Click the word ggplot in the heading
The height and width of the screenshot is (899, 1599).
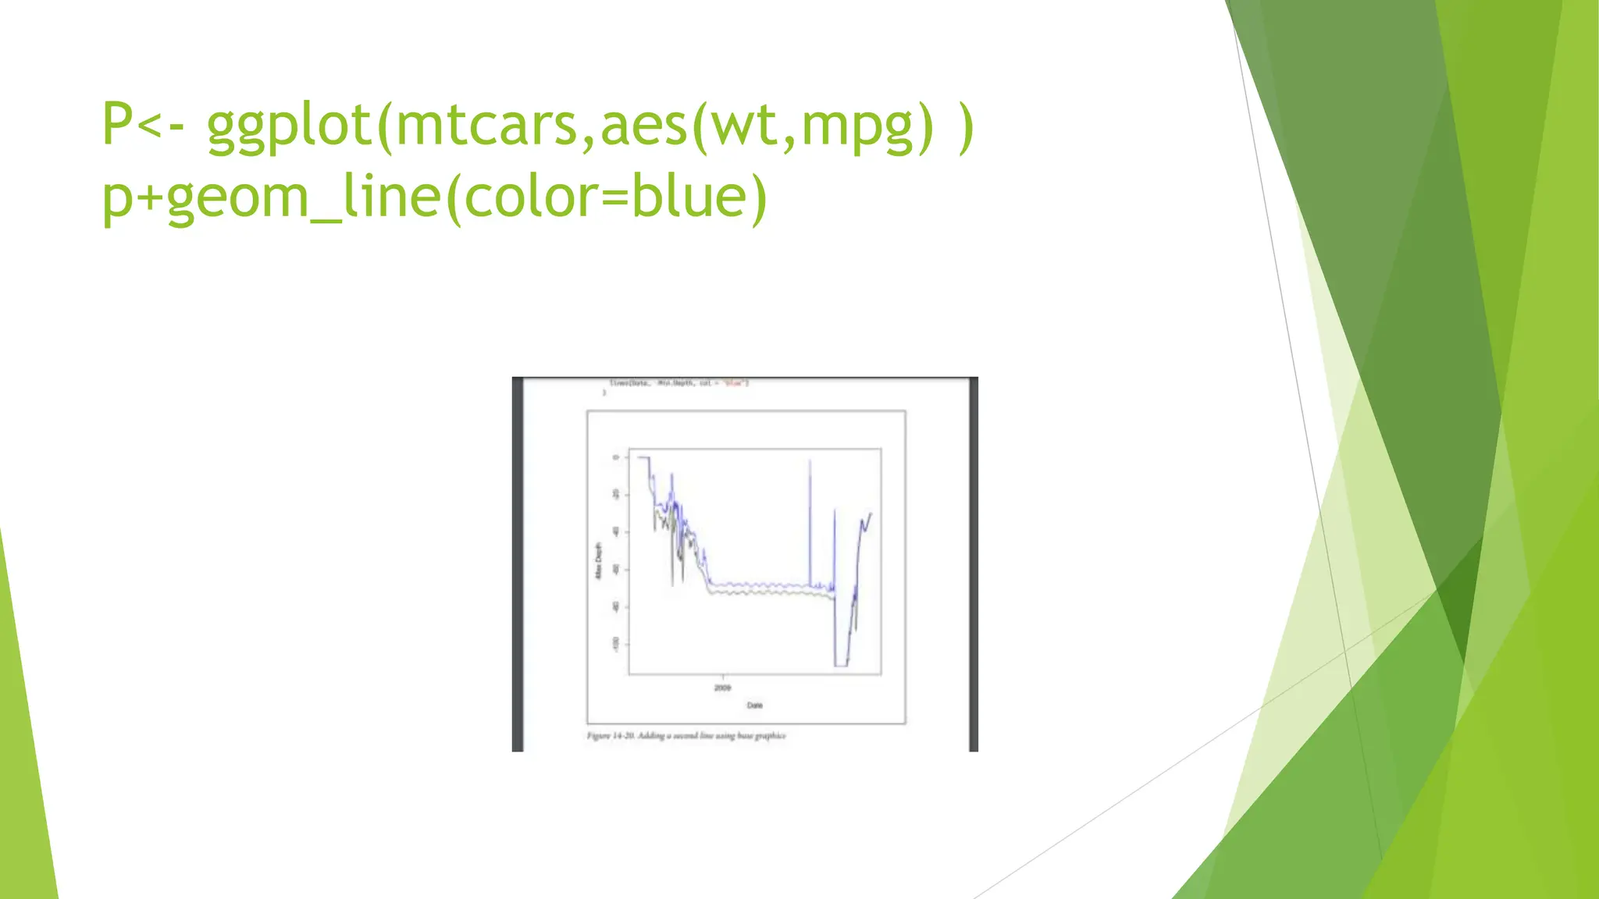click(x=289, y=125)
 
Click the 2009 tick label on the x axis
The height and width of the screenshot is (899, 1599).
click(x=722, y=688)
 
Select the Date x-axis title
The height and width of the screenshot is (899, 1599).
click(x=754, y=705)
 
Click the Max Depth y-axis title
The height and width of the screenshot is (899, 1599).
click(x=599, y=560)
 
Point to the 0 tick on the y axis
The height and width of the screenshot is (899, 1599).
click(x=615, y=457)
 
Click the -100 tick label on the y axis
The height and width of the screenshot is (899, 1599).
click(x=615, y=644)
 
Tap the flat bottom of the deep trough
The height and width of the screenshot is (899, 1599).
click(x=841, y=665)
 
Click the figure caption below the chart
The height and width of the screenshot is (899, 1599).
click(x=686, y=735)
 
